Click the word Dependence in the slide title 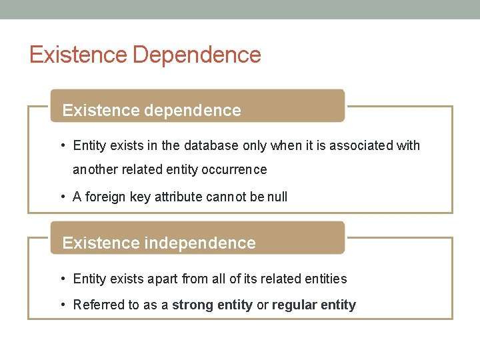197,55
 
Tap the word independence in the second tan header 200,243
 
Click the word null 277,197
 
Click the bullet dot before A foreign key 62,197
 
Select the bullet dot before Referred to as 62,305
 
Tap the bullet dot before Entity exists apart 62,279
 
